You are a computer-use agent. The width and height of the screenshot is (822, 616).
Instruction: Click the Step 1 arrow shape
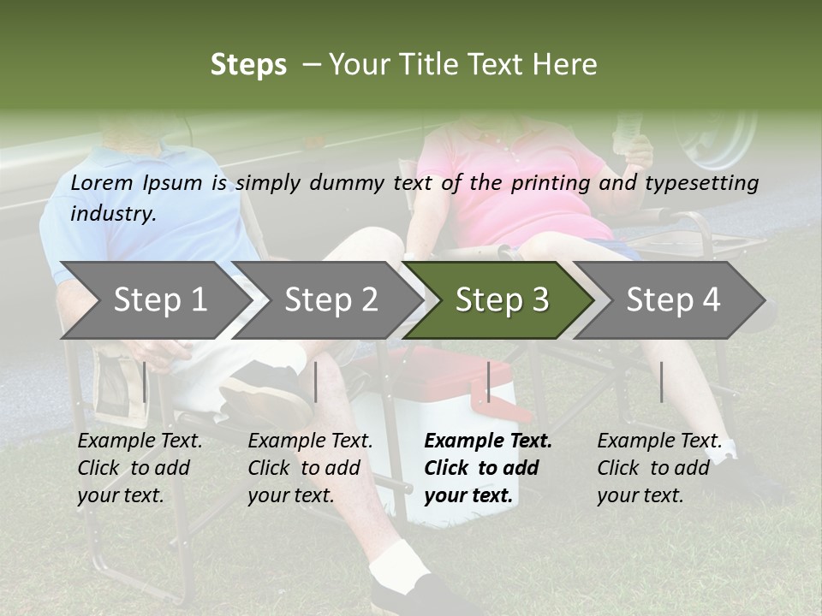pos(154,300)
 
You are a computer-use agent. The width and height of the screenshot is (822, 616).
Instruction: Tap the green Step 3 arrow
pos(500,300)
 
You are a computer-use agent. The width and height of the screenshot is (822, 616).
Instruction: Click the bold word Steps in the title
pos(248,65)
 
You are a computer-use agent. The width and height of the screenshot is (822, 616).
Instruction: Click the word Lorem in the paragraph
pos(101,183)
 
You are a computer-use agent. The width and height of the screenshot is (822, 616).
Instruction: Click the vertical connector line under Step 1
pos(144,382)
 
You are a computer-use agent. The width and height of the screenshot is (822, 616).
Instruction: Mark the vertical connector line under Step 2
pos(316,382)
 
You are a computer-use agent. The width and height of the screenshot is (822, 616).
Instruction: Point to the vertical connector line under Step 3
pos(488,382)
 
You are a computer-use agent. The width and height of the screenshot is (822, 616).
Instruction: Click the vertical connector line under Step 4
pos(661,382)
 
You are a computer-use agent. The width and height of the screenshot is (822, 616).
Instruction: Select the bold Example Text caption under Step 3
pos(488,468)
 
